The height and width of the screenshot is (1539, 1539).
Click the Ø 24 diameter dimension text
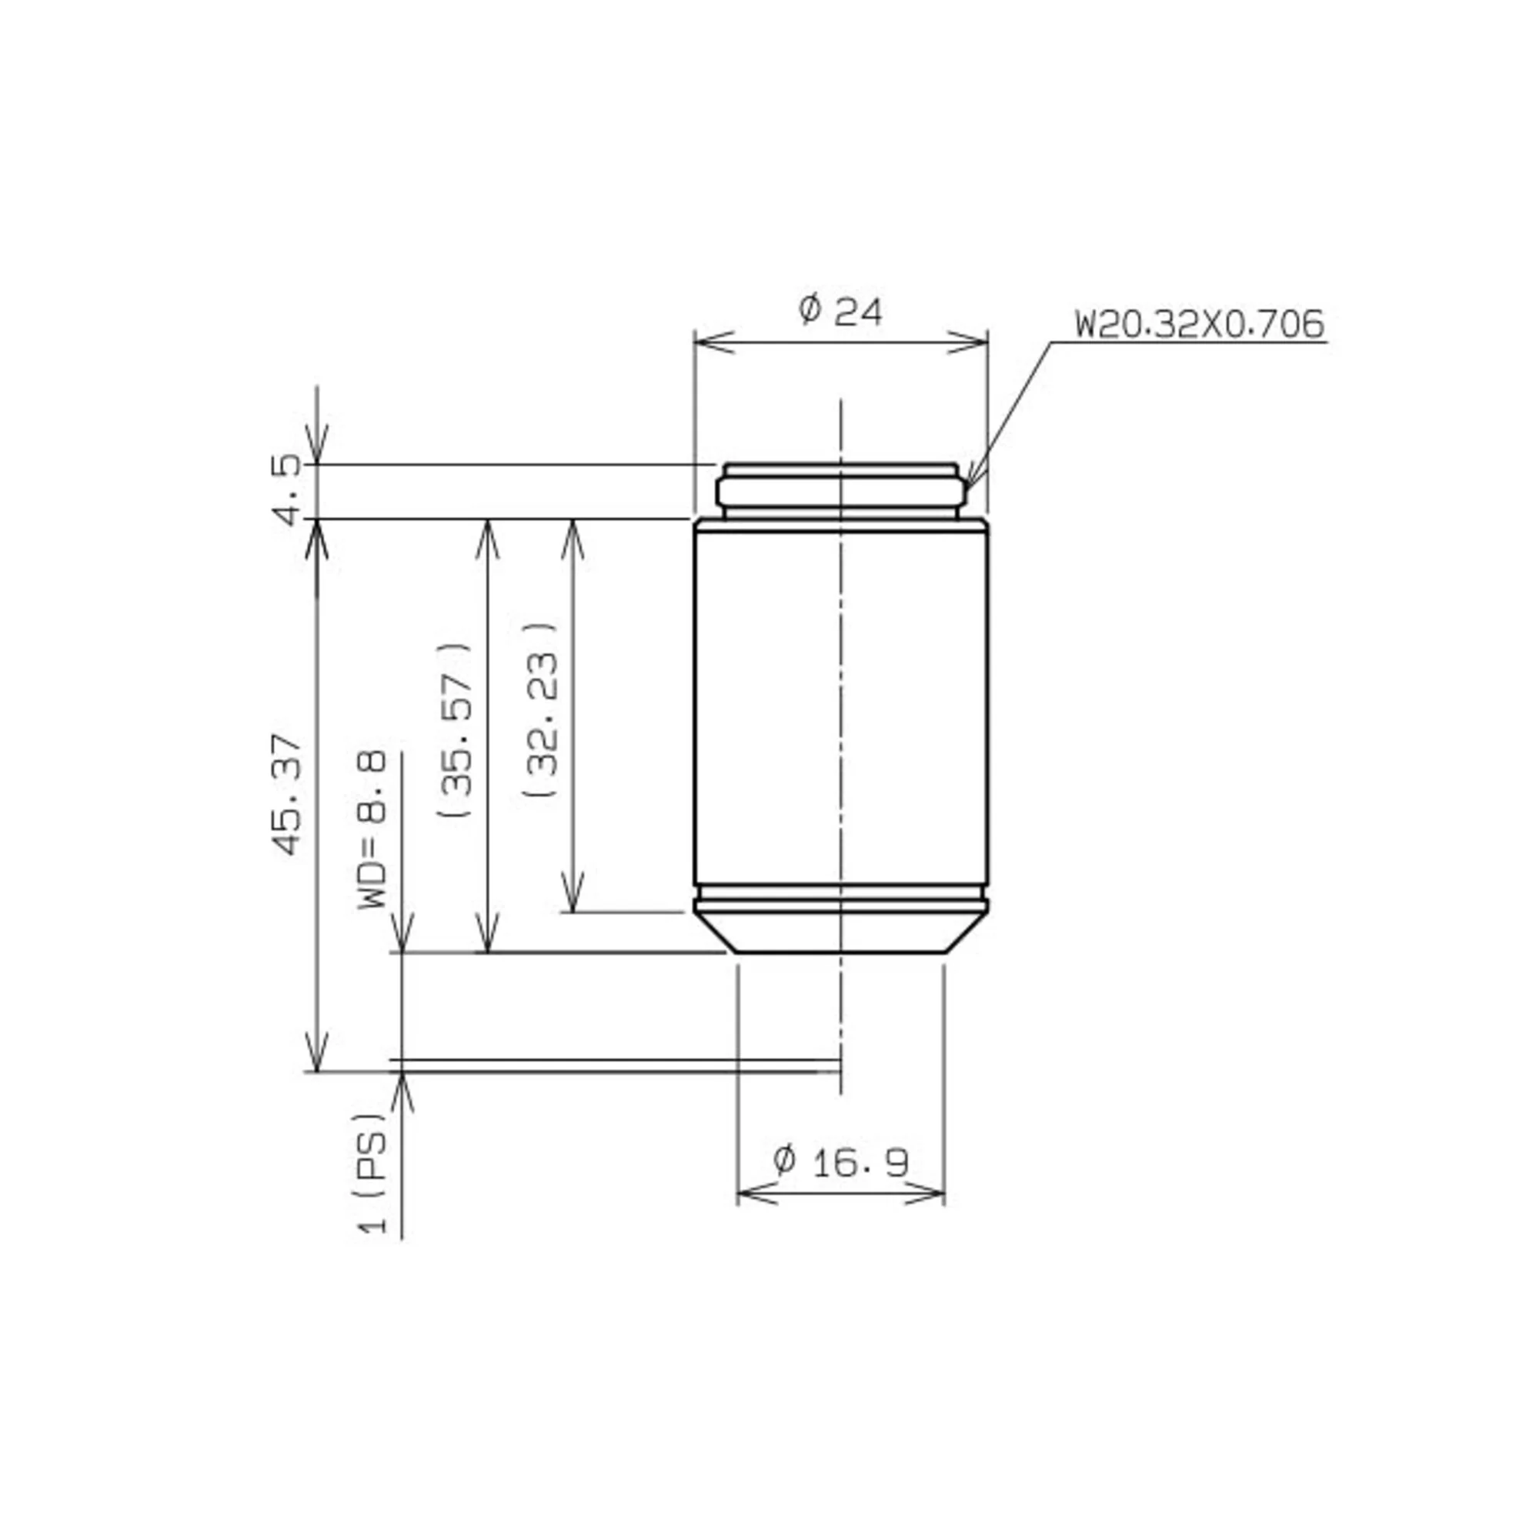click(x=840, y=311)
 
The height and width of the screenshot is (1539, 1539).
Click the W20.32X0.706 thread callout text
click(x=1199, y=324)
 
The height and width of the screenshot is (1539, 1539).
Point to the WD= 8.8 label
click(x=372, y=829)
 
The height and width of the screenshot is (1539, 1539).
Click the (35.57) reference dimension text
click(x=456, y=729)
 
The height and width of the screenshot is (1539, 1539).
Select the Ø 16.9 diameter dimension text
click(x=840, y=1161)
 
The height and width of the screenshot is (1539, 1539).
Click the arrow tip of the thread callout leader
click(x=967, y=482)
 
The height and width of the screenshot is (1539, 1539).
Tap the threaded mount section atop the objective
click(x=840, y=491)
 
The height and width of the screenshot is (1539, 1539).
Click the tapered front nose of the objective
click(x=840, y=933)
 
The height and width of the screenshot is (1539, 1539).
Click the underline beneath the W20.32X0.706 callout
click(x=1187, y=342)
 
